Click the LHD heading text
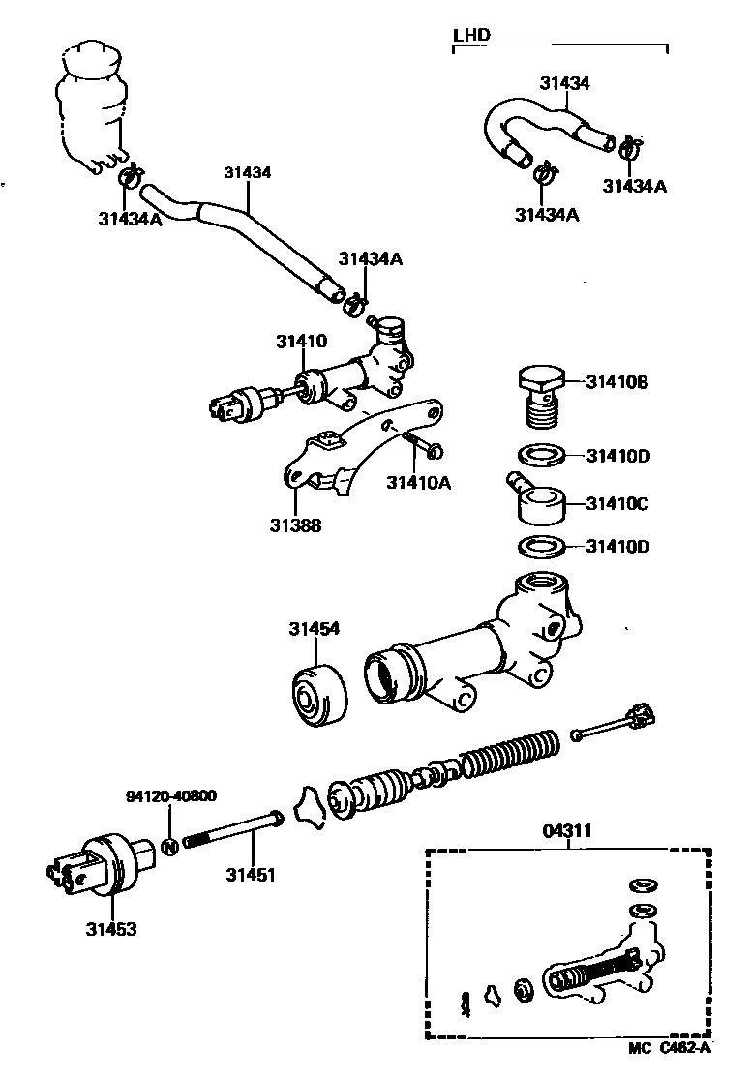471,35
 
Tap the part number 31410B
616,382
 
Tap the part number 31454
313,629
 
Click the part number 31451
252,875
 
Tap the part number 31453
109,929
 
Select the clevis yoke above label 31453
93,866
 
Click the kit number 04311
568,830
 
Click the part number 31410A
419,482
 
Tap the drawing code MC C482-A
669,1047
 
